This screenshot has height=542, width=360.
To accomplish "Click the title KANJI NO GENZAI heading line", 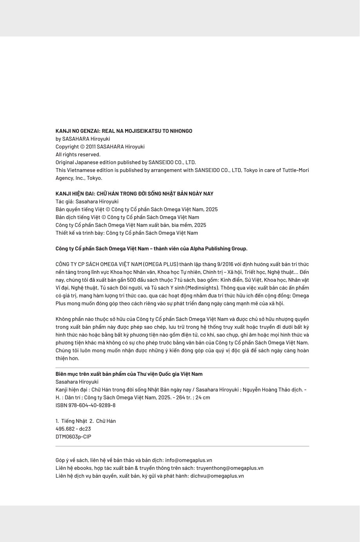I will point(124,131).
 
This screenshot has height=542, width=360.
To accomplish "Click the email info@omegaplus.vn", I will point(189,460).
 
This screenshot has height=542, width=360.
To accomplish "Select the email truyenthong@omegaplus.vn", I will point(230,468).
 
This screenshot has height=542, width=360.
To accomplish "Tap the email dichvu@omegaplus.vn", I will point(217,476).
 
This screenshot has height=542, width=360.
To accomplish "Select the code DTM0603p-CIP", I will point(73,437).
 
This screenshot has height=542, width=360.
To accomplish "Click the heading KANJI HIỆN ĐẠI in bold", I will point(134,194).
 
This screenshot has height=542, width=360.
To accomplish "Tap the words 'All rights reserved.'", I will point(78,154).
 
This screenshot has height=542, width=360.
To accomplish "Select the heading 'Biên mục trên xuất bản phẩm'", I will point(129,374).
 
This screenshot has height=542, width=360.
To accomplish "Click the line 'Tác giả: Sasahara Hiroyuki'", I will point(87,201).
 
